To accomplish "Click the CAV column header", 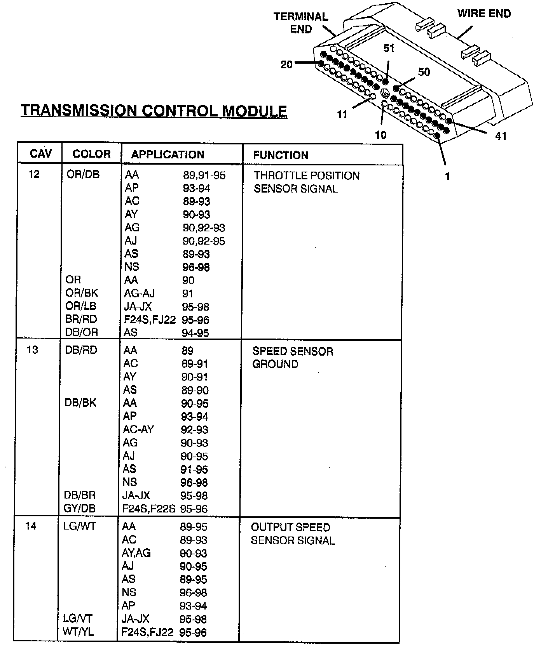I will tap(40, 154).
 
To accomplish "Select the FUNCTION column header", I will tap(281, 155).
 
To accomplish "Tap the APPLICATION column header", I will tap(168, 155).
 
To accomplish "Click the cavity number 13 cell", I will tap(32, 350).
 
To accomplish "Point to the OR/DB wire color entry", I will tap(83, 174).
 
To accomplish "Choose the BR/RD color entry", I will tap(81, 319).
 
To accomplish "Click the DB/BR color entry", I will tap(80, 495).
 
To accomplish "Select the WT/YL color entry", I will tap(78, 632).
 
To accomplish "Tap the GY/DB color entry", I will tap(80, 509).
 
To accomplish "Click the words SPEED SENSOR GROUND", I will tap(293, 358).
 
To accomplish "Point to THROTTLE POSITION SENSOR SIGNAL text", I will tap(307, 182).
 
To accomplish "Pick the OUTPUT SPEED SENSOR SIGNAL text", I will tap(292, 534).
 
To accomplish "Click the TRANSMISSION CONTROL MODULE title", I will tap(154, 111).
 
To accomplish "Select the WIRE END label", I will tap(484, 14).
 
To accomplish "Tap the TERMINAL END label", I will tap(301, 23).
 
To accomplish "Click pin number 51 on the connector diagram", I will tap(389, 49).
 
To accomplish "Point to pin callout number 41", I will tap(501, 136).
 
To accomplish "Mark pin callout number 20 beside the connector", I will tap(286, 65).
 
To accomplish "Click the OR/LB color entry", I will tap(81, 306).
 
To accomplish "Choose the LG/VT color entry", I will tap(78, 619).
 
